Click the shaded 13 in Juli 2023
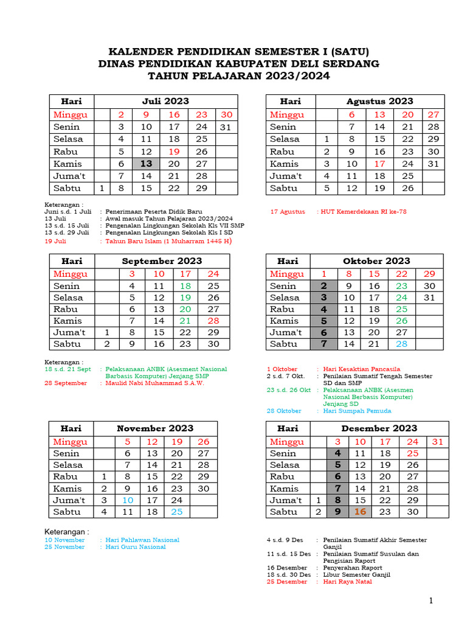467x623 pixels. click(x=146, y=164)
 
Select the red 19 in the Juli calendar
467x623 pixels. click(x=174, y=151)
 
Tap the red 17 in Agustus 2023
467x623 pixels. click(x=379, y=164)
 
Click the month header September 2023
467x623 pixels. click(x=162, y=260)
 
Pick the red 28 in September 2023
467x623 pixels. click(x=213, y=321)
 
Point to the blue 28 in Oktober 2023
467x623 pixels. click(x=402, y=344)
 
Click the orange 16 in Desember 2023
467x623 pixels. click(x=360, y=512)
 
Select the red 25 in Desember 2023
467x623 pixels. click(x=412, y=453)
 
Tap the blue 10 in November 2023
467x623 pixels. click(x=128, y=500)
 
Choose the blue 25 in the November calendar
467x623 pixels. click(x=176, y=512)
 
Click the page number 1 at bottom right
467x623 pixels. click(x=431, y=601)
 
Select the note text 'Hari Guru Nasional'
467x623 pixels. click(x=135, y=547)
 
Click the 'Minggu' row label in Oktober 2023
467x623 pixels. click(x=287, y=274)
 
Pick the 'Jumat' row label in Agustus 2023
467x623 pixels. click(x=285, y=176)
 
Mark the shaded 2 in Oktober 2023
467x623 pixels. click(x=324, y=286)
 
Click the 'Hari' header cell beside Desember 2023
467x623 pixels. click(x=288, y=428)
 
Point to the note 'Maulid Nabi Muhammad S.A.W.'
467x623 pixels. click(x=154, y=383)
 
